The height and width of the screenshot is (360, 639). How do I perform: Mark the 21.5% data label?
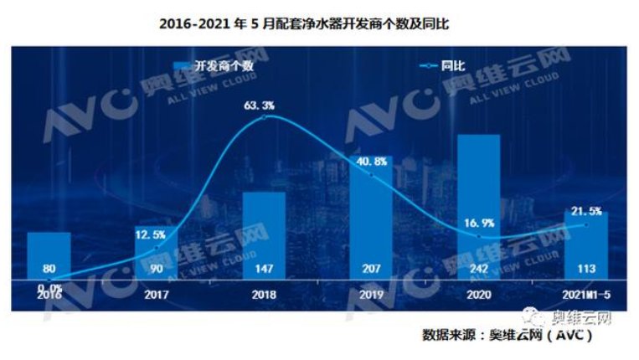click(x=586, y=209)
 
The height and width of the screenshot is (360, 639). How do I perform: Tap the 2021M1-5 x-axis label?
click(x=585, y=294)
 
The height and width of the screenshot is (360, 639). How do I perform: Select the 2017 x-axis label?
click(x=156, y=294)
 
